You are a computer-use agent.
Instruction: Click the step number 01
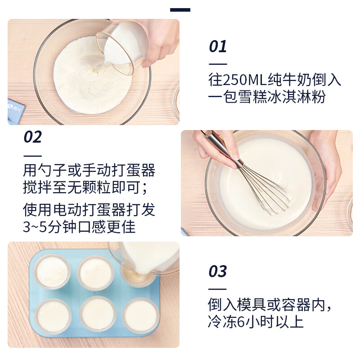tap(218, 46)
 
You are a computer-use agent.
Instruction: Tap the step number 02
tap(32, 137)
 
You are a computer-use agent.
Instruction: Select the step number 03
tap(218, 271)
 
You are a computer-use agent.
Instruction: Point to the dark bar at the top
tap(180, 10)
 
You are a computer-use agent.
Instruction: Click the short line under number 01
tap(218, 64)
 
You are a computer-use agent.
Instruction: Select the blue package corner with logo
tap(16, 112)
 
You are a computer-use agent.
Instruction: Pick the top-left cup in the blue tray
tap(52, 272)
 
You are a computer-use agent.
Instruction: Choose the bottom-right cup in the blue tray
tap(141, 316)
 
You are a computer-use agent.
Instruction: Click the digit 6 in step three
tap(241, 322)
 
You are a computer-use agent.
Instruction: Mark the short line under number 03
tap(217, 289)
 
